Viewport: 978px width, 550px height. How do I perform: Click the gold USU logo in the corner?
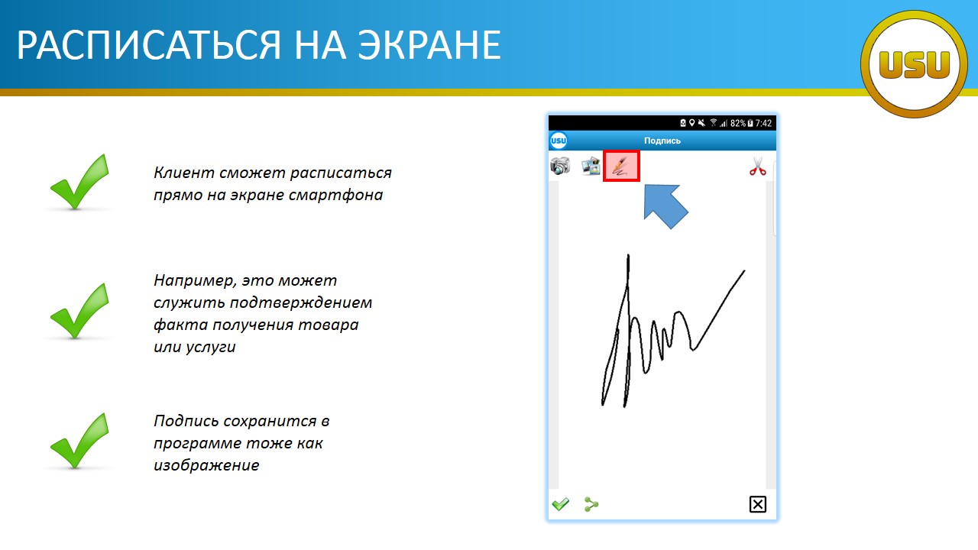coord(914,64)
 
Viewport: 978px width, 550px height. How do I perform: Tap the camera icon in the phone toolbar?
coord(560,166)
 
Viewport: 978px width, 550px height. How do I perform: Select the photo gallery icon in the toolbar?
coord(591,167)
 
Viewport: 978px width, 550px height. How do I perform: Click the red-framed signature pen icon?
coord(621,166)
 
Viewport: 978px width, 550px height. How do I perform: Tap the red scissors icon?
coord(757,167)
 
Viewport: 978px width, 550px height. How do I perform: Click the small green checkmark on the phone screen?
coord(561,504)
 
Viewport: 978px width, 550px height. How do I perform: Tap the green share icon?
coord(591,504)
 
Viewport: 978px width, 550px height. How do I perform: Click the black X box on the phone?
coord(757,504)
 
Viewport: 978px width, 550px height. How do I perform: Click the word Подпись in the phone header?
coord(662,141)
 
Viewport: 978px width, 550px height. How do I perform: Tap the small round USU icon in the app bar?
coord(559,141)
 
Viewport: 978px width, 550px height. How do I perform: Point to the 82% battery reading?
coord(738,124)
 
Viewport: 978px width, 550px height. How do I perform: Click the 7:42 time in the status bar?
coord(763,124)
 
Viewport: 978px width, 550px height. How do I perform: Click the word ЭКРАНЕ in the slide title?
coord(429,45)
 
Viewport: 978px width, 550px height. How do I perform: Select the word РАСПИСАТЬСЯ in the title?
coord(149,45)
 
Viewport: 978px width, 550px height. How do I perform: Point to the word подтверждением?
coord(301,303)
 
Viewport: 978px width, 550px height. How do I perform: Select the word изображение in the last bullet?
coord(206,465)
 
